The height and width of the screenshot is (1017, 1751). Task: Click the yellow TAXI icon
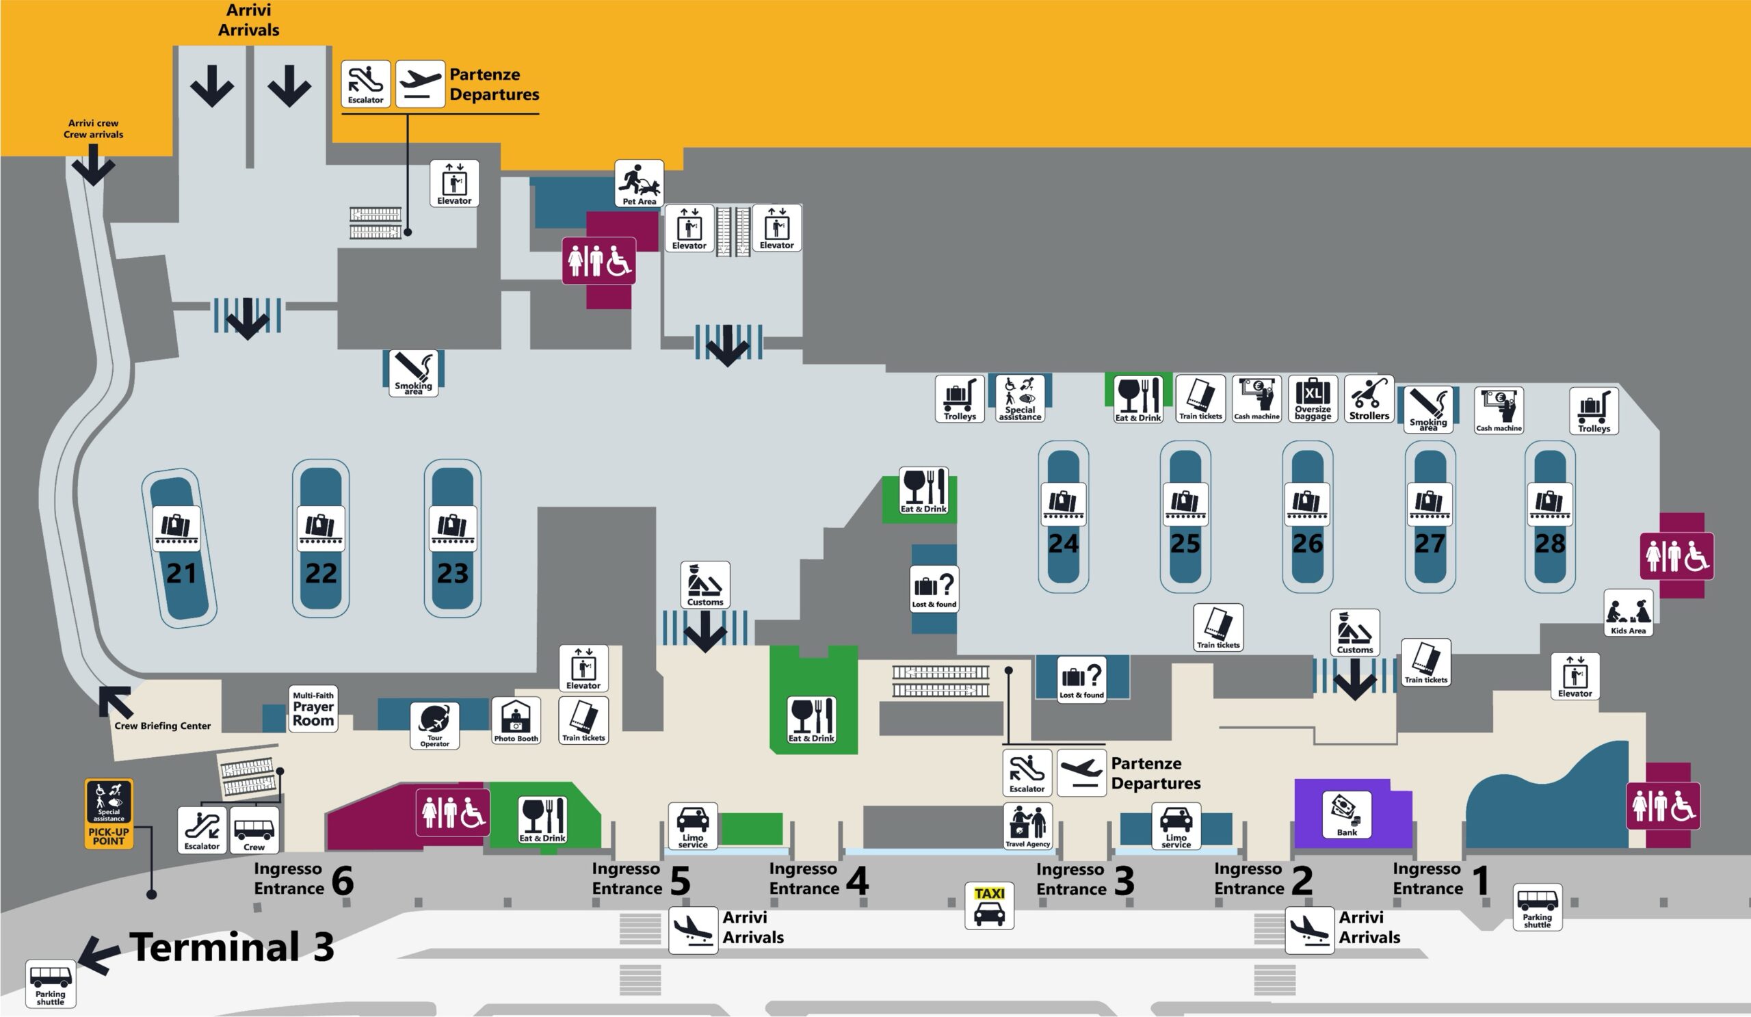[989, 905]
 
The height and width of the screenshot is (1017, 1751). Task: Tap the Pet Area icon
[639, 183]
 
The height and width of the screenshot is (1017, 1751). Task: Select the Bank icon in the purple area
[1347, 814]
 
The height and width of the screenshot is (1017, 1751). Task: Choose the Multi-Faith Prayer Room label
[313, 708]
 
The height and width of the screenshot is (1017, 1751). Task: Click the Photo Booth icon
[516, 720]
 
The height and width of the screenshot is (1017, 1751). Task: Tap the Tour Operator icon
[434, 726]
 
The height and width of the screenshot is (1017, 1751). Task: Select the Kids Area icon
[1628, 613]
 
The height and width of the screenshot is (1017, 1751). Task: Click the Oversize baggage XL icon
[1313, 399]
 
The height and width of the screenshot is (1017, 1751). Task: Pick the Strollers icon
[1368, 399]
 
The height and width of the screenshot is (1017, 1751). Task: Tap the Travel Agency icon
[1027, 826]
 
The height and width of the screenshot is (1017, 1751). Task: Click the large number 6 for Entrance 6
[343, 880]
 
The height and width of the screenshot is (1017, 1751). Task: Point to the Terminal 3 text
[231, 947]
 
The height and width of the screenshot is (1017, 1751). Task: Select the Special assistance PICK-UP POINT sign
[109, 813]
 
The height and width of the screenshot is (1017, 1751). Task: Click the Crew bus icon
[254, 830]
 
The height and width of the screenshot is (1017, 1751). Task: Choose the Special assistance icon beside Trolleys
[1019, 399]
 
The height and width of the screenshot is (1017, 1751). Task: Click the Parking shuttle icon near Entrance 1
[1537, 907]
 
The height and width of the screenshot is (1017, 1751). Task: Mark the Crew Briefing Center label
[163, 726]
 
